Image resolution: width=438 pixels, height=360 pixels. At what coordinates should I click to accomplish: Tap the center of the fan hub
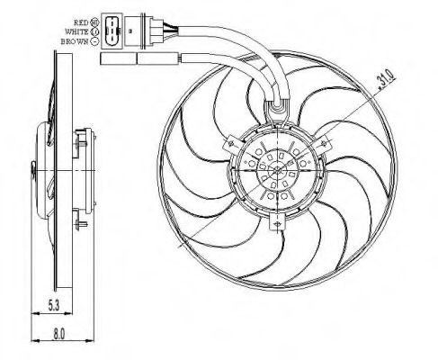click(276, 168)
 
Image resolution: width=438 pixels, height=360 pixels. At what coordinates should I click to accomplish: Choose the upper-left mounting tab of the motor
click(236, 142)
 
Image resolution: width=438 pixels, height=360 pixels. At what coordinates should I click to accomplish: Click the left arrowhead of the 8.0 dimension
click(34, 341)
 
